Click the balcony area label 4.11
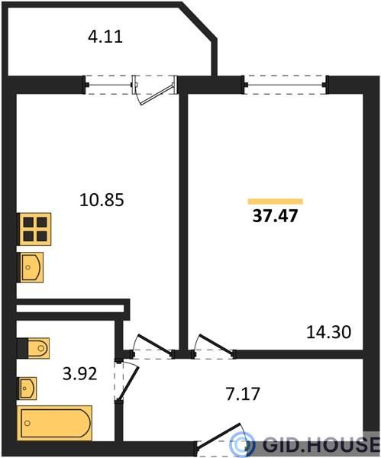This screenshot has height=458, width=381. pos(105,37)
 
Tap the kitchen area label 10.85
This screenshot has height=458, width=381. pos(102,200)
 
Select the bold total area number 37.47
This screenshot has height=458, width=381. pos(275,216)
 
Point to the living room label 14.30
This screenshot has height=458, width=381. pos(328,332)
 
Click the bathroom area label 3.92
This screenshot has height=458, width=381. pos(79,373)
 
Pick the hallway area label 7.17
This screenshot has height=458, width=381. pos(243,393)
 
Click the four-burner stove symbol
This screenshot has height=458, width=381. pos(35,229)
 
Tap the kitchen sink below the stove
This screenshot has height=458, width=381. pos(31,267)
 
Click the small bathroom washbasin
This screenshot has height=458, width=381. pos(27,389)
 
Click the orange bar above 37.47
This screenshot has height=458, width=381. pos(275,202)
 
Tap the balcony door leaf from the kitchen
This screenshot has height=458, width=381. pos(156,95)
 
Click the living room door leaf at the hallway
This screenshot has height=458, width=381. pos(217,345)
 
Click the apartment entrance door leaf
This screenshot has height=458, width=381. pos(219,436)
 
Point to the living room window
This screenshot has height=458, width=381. pos(285,85)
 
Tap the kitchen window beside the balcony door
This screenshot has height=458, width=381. pos(108,85)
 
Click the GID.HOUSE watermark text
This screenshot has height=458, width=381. pos(321,444)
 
